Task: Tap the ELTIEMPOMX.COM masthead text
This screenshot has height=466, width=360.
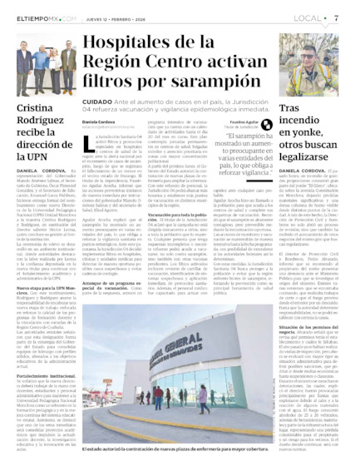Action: [x=42, y=17]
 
